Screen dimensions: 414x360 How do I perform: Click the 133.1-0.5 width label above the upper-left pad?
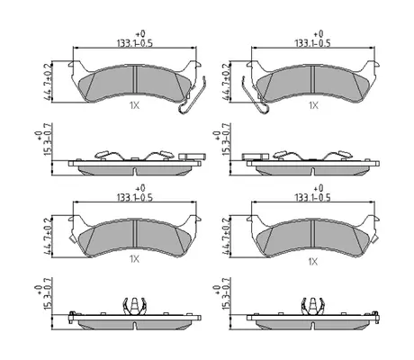pos(135,43)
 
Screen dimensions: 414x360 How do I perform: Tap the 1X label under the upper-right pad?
pos(313,105)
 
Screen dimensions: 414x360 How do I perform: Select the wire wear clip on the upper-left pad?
pos(192,96)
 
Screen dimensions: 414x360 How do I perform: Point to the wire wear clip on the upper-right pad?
pos(256,96)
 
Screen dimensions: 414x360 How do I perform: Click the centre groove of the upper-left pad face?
pos(135,79)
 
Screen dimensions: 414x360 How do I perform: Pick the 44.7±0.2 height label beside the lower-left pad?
pos(48,237)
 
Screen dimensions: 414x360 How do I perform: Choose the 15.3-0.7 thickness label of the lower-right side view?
pos(225,294)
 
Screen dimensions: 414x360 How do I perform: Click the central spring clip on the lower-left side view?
pos(135,306)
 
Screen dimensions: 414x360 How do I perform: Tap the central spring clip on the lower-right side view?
pos(313,306)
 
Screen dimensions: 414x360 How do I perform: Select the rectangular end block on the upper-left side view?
pos(193,157)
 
